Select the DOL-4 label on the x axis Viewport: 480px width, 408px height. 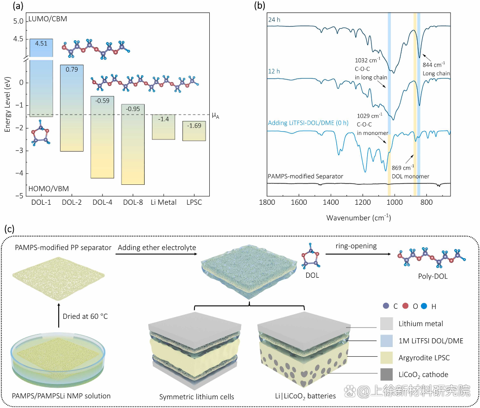click(103, 202)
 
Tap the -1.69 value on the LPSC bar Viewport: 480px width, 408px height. click(194, 125)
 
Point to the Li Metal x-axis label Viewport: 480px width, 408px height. click(163, 202)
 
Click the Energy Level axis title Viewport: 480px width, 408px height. click(7, 104)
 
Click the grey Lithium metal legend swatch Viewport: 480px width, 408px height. click(388, 324)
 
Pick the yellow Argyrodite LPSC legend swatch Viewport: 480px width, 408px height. click(388, 358)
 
